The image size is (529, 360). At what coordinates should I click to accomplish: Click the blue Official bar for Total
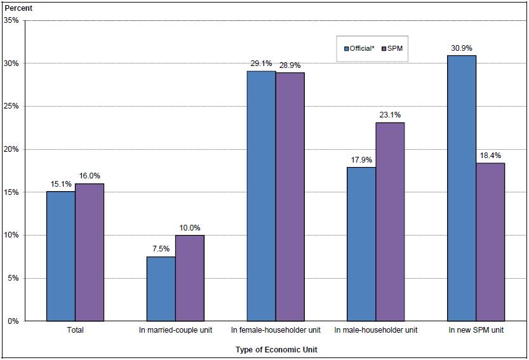[61, 256]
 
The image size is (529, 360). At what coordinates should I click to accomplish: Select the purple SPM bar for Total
[90, 252]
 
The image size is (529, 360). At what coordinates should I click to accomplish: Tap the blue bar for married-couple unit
[161, 289]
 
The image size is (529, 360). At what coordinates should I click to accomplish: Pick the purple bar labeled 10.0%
[190, 278]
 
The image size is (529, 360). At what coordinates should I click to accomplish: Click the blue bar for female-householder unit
[262, 196]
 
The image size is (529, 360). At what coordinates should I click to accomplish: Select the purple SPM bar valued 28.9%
[290, 196]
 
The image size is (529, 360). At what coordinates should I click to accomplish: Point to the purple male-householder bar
[390, 222]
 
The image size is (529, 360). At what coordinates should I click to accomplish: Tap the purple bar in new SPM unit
[490, 242]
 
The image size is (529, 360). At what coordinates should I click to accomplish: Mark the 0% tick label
[13, 321]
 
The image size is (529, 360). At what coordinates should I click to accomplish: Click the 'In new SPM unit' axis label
[476, 330]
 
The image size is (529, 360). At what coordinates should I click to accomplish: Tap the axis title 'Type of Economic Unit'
[276, 349]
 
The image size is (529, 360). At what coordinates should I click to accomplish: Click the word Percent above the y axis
[18, 8]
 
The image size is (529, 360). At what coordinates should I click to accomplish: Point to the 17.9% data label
[361, 159]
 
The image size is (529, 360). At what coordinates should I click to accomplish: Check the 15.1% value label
[61, 183]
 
